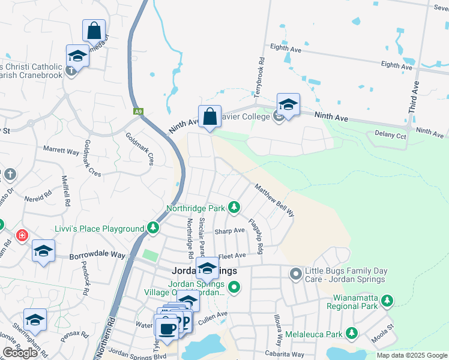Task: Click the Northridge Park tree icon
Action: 234,208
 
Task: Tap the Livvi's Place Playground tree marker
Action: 154,228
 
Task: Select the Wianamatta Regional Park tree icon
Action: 388,300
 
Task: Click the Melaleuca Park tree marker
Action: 352,334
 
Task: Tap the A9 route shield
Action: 139,111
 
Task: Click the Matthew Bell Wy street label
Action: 274,200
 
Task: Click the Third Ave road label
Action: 414,97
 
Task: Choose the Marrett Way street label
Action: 61,151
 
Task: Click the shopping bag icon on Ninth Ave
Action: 209,116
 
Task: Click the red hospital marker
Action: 22,235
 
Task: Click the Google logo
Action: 21,353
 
